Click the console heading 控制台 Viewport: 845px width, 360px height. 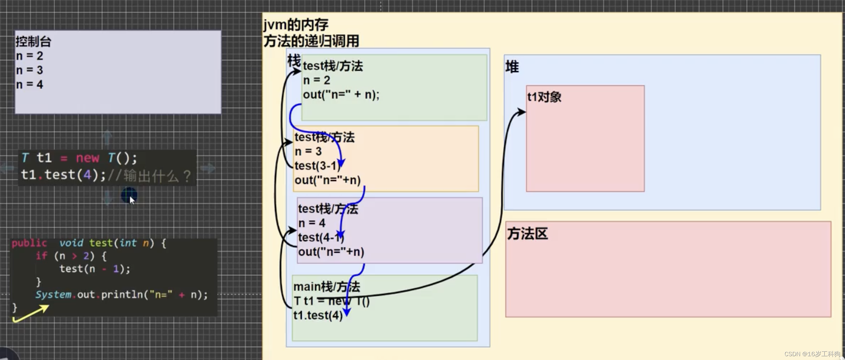coord(33,42)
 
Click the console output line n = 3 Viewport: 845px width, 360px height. coord(30,70)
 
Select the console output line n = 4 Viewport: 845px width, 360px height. coord(30,85)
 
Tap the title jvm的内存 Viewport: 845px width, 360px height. coord(295,25)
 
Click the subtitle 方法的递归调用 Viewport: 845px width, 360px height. coord(311,41)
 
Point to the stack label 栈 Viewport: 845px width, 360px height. coord(294,61)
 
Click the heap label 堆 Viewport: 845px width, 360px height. coord(512,67)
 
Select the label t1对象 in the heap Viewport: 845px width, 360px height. coord(544,97)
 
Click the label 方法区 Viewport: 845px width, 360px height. coord(527,234)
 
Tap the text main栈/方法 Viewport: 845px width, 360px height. coord(326,287)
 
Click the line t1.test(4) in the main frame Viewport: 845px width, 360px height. coord(317,315)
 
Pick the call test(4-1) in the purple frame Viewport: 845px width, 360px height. coord(321,237)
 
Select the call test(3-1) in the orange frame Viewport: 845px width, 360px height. coord(317,166)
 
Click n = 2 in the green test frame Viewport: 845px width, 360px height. coord(316,80)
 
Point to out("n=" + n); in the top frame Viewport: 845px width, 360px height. coord(341,95)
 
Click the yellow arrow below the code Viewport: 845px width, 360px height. coord(31,313)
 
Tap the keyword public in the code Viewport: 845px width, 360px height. coord(29,243)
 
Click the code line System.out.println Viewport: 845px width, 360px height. coord(121,295)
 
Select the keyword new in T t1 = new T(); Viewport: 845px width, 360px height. coord(87,158)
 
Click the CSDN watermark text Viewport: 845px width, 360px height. coord(812,354)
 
